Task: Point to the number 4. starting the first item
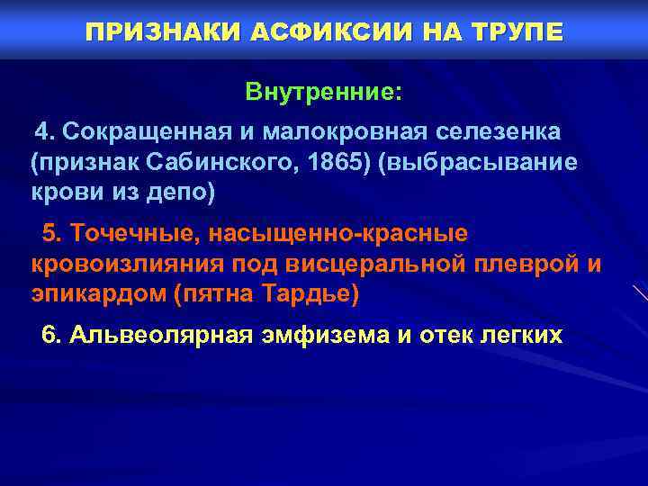tap(46, 132)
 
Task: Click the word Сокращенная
tap(148, 132)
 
